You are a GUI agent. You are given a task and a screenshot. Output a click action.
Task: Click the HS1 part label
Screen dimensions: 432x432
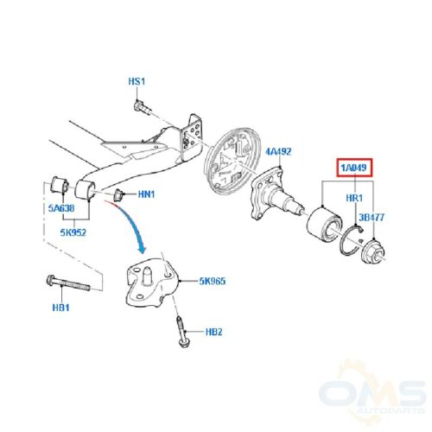click(x=137, y=81)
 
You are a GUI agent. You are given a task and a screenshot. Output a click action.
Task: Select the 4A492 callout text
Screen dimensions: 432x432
click(x=278, y=151)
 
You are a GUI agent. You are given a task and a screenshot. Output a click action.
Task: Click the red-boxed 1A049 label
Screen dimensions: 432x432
click(x=354, y=168)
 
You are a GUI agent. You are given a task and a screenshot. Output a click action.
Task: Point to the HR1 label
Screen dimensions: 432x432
click(x=354, y=198)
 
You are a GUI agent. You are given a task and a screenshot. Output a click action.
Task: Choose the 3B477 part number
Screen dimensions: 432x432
click(x=372, y=217)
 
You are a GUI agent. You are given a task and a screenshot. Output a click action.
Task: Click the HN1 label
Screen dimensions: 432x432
click(x=146, y=194)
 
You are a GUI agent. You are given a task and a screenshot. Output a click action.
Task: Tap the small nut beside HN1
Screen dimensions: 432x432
click(x=118, y=194)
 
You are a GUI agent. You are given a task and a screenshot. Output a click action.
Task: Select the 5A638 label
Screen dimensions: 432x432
click(x=61, y=208)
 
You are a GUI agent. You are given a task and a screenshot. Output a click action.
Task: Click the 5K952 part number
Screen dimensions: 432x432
click(x=73, y=232)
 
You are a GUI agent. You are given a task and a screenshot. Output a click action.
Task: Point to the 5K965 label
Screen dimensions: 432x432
click(x=213, y=281)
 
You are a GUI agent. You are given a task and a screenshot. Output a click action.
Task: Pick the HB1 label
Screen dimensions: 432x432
click(x=60, y=308)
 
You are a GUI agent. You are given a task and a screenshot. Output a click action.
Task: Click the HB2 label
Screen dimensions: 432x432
click(x=214, y=332)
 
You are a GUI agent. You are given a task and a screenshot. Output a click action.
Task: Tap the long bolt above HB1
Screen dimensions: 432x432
click(x=68, y=283)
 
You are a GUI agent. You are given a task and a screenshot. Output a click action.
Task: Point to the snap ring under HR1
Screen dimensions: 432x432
click(x=351, y=240)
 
